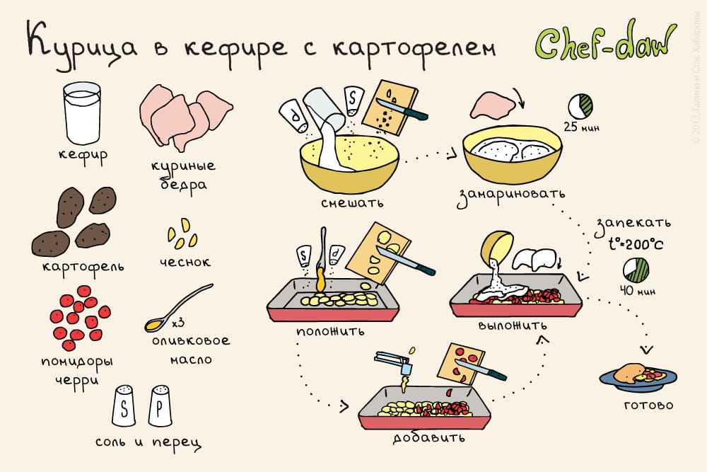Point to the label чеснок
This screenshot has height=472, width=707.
185,262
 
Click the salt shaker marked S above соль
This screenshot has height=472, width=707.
124,406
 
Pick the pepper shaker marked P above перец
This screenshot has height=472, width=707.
160,406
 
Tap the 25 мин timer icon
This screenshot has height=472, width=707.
580,106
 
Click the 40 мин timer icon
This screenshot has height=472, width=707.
636,270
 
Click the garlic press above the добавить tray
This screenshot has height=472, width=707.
396,364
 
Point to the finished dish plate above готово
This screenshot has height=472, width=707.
638,376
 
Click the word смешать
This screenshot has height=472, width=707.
352,203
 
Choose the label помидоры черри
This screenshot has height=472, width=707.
76,371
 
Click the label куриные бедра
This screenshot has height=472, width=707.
183,176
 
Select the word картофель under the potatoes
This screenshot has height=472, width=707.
83,267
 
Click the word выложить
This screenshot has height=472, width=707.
513,326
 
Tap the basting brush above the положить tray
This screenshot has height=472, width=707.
322,259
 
